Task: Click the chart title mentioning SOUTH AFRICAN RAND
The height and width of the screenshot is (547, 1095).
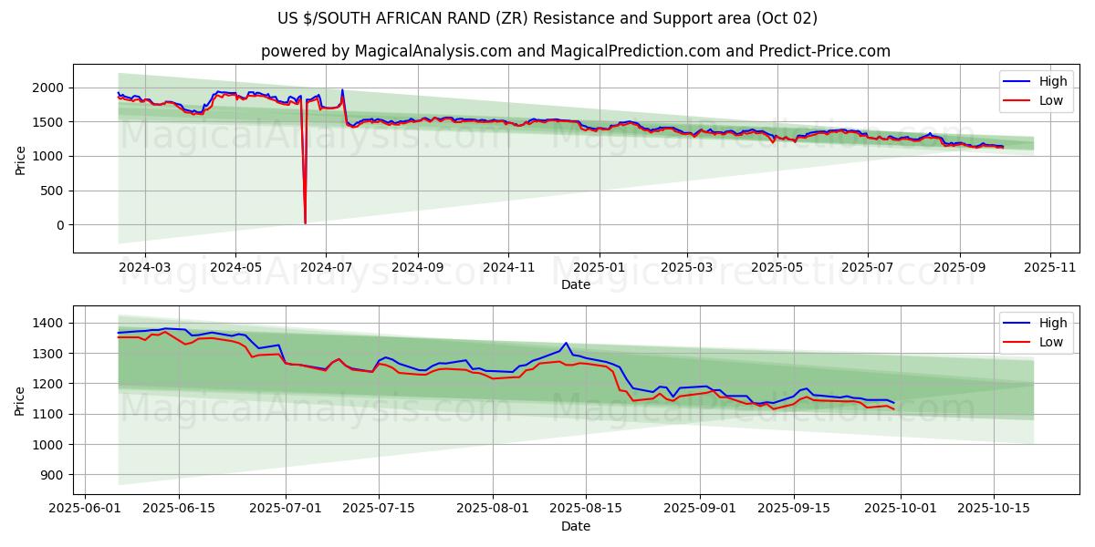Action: tap(547, 18)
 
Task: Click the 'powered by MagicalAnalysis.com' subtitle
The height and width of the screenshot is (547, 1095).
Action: tap(575, 51)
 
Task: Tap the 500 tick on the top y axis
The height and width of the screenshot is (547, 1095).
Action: tap(54, 191)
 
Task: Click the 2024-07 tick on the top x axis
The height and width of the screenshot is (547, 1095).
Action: tap(326, 268)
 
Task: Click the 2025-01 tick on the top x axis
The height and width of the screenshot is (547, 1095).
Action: tap(600, 268)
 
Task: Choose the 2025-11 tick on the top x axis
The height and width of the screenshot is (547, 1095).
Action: tap(1050, 268)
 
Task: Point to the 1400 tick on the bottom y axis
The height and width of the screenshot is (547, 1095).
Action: tap(48, 323)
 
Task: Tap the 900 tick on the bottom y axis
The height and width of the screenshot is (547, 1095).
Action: tap(51, 475)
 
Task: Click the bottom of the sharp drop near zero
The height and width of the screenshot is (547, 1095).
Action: tap(305, 222)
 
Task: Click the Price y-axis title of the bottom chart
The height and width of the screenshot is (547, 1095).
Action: tap(20, 399)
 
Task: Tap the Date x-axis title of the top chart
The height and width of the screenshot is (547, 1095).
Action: tap(575, 284)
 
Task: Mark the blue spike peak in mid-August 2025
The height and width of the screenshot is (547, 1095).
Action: tap(566, 343)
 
